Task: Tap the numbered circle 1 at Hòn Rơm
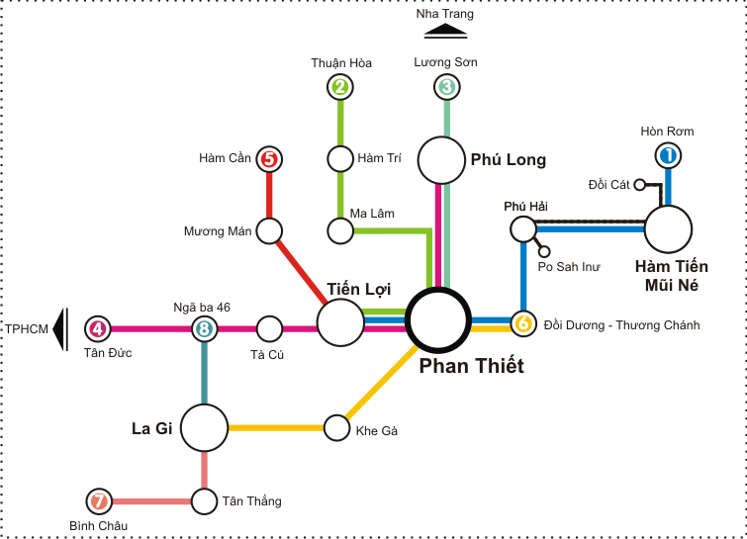(668, 155)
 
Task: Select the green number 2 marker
(340, 87)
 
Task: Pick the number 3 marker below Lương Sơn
(447, 87)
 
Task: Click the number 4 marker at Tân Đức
(97, 328)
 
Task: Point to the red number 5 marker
(269, 158)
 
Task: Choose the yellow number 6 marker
(522, 323)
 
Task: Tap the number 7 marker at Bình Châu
(97, 500)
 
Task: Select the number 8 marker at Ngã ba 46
(204, 328)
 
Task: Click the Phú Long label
(508, 159)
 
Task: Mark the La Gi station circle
(205, 428)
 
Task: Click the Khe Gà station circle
(338, 427)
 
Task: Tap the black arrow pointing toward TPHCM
(60, 328)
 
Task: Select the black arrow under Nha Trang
(445, 31)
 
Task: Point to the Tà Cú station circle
(269, 328)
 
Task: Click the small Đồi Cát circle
(640, 184)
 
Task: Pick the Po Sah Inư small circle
(544, 251)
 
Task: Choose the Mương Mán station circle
(268, 231)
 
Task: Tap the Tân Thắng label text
(251, 501)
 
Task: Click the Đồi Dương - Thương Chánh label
(621, 324)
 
